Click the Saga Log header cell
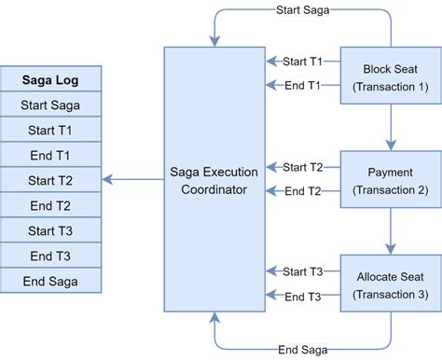[50, 79]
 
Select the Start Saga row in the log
[50, 104]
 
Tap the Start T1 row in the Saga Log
[50, 130]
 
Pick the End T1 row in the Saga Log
[50, 155]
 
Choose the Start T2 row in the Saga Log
[50, 180]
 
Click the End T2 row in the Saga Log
[50, 205]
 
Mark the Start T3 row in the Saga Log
[50, 230]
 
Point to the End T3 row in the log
[50, 256]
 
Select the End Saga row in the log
[50, 281]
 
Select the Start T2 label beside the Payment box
[303, 168]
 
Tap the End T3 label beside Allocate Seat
[303, 297]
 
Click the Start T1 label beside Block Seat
[303, 62]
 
